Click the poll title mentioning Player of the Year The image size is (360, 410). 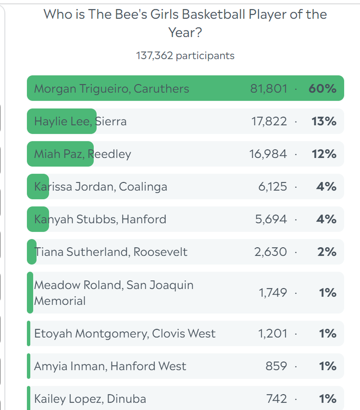[185, 23]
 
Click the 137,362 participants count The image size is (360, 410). [185, 56]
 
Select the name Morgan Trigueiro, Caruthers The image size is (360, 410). [111, 89]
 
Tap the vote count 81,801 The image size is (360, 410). [269, 89]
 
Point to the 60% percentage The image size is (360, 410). [322, 89]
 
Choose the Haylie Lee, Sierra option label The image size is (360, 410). [80, 121]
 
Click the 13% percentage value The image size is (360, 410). [324, 121]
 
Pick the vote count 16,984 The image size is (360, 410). [268, 154]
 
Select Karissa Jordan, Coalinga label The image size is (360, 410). [100, 187]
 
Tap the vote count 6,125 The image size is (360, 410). [273, 187]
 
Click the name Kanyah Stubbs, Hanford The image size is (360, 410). [100, 219]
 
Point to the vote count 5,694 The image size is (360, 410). [271, 219]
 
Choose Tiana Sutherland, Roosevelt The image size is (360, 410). [111, 252]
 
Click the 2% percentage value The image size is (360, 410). [327, 252]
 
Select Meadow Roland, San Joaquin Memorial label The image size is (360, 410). [113, 293]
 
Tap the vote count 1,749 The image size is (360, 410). [273, 293]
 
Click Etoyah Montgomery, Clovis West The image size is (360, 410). [125, 334]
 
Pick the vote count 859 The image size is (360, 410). [276, 366]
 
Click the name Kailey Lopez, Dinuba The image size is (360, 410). [90, 399]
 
